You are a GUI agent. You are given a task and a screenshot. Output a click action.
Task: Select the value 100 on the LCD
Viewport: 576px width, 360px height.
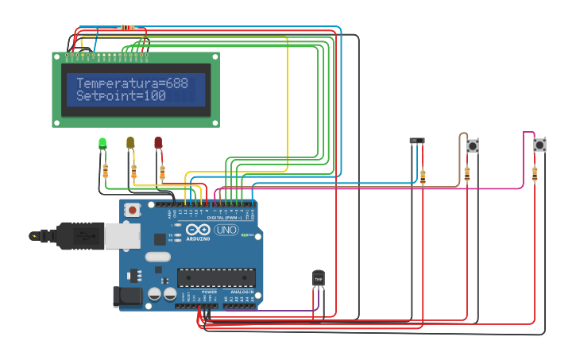point(154,96)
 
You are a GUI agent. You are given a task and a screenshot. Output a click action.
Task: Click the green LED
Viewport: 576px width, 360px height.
point(102,143)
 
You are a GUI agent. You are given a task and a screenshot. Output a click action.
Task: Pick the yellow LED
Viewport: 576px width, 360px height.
point(130,142)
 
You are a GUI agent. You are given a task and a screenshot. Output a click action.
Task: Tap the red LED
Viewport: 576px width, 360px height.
point(158,142)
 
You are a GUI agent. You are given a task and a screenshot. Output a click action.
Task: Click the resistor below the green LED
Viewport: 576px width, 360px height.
point(106,170)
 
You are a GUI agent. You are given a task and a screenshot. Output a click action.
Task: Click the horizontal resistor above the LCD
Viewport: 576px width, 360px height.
point(128,28)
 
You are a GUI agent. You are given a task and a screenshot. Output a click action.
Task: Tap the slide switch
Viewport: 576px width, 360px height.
point(417,141)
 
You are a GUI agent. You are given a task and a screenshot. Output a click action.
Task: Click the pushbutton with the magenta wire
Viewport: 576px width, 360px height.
point(539,145)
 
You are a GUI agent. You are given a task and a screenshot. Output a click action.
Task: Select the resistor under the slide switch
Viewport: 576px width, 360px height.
point(423,176)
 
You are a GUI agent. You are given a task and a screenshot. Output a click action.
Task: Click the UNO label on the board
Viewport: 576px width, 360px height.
point(226,230)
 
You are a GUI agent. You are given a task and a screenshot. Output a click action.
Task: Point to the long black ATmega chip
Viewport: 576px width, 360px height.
point(216,277)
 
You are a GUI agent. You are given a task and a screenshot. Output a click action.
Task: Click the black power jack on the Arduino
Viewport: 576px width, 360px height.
point(127,296)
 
